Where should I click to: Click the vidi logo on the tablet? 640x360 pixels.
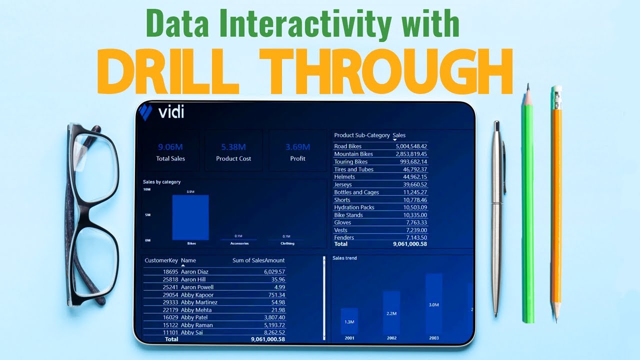(162, 112)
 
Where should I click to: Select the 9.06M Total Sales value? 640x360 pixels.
(170, 147)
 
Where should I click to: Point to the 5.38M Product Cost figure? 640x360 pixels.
(233, 147)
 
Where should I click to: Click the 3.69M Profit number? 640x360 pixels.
(297, 147)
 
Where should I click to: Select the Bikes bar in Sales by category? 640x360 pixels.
(190, 217)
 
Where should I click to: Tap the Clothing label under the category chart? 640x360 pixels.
(287, 243)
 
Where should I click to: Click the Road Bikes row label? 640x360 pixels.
(347, 146)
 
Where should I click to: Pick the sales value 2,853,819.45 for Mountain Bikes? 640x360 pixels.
(404, 154)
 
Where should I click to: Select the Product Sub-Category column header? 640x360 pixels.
(361, 135)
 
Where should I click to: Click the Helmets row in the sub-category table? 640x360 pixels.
(344, 177)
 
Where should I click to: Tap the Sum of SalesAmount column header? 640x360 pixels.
(258, 260)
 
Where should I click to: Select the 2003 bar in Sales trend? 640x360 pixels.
(433, 303)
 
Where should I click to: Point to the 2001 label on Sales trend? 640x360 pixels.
(349, 338)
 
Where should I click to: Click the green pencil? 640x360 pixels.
(527, 210)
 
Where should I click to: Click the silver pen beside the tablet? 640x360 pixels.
(496, 215)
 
